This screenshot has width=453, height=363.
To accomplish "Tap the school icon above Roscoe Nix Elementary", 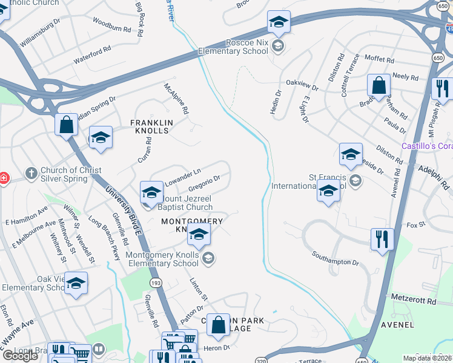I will pyautogui.click(x=279, y=22).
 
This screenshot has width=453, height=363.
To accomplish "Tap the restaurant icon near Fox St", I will pyautogui.click(x=382, y=239).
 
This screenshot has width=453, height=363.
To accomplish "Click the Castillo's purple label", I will pyautogui.click(x=427, y=146).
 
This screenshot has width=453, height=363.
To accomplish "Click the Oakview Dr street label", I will pyautogui.click(x=301, y=82).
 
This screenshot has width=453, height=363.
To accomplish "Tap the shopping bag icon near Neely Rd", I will pyautogui.click(x=379, y=86).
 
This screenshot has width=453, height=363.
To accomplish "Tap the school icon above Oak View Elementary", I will pyautogui.click(x=76, y=283).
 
